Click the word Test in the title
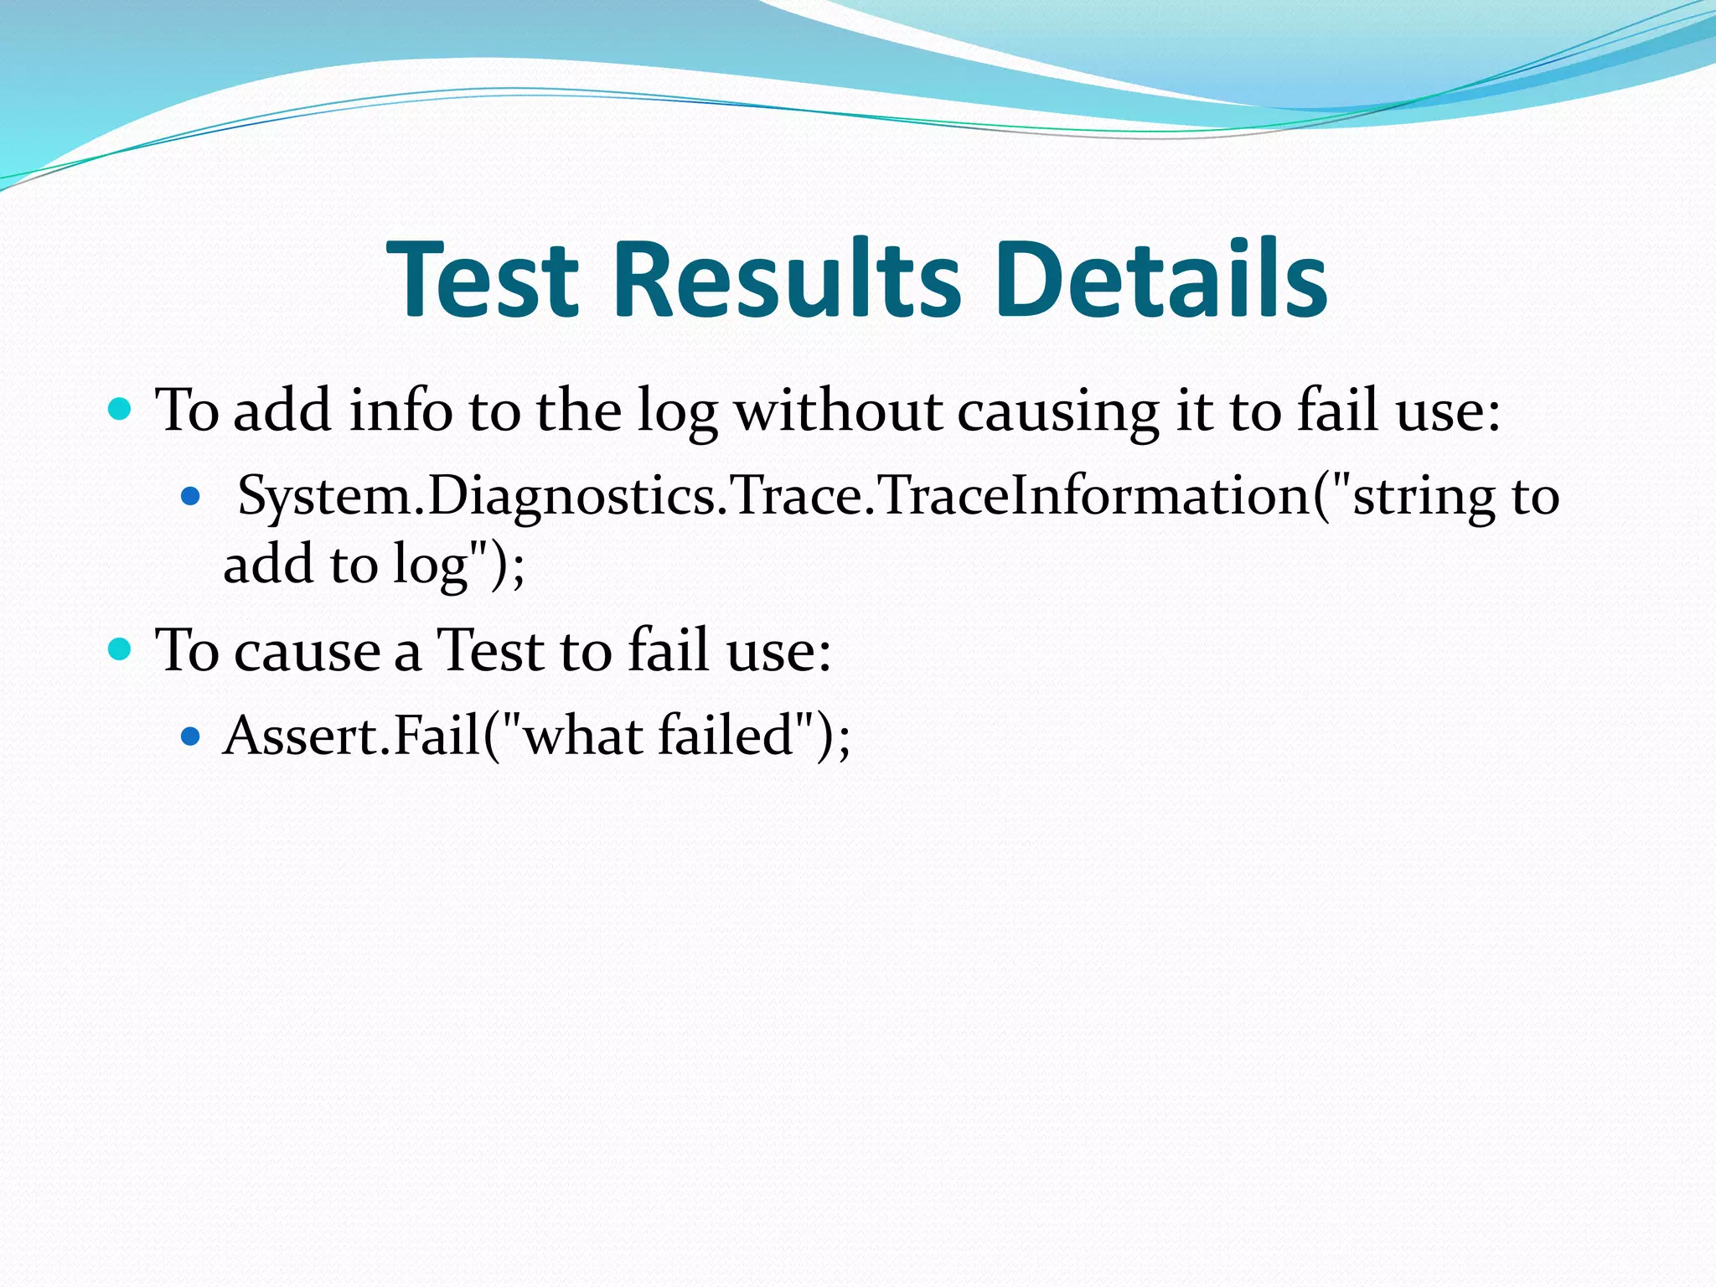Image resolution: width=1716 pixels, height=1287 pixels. [x=483, y=279]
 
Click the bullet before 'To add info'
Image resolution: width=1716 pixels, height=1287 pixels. [x=121, y=410]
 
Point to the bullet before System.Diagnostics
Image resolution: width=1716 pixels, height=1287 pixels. [x=191, y=497]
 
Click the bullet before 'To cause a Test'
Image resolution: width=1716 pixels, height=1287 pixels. [x=121, y=649]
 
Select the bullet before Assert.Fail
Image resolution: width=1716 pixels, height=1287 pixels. [x=191, y=737]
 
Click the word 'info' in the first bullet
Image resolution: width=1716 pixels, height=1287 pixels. [x=401, y=411]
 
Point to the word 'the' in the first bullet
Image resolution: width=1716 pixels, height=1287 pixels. [x=577, y=411]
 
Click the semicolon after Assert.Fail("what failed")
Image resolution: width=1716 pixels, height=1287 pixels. [x=843, y=739]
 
